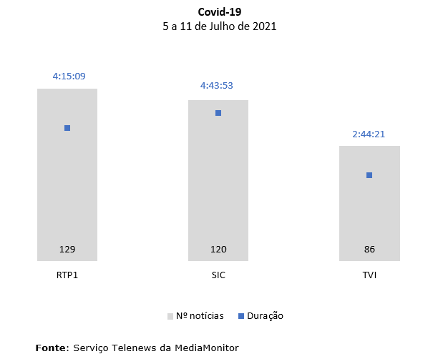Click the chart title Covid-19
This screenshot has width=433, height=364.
pyautogui.click(x=219, y=12)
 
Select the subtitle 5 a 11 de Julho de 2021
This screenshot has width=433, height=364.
pyautogui.click(x=219, y=26)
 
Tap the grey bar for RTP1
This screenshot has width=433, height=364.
pyautogui.click(x=67, y=186)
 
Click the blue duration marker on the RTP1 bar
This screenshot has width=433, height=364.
pyautogui.click(x=67, y=128)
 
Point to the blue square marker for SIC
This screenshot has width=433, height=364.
pyautogui.click(x=218, y=113)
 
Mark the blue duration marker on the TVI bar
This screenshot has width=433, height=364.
pyautogui.click(x=369, y=175)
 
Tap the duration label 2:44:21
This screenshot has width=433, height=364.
pyautogui.click(x=369, y=134)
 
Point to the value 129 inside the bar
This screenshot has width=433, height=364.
pyautogui.click(x=67, y=250)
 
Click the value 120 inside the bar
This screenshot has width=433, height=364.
pyautogui.click(x=218, y=250)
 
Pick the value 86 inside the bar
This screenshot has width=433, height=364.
pyautogui.click(x=369, y=250)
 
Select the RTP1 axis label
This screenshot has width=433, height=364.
pyautogui.click(x=67, y=275)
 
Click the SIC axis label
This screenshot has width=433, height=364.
pyautogui.click(x=218, y=275)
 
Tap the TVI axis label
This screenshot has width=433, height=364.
pyautogui.click(x=369, y=275)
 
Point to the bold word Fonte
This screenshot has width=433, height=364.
pyautogui.click(x=51, y=348)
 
